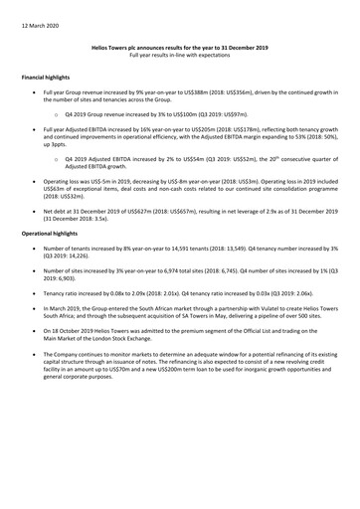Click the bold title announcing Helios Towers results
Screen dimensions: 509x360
tap(180, 46)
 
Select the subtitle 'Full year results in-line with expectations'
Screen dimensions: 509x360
tap(180, 54)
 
